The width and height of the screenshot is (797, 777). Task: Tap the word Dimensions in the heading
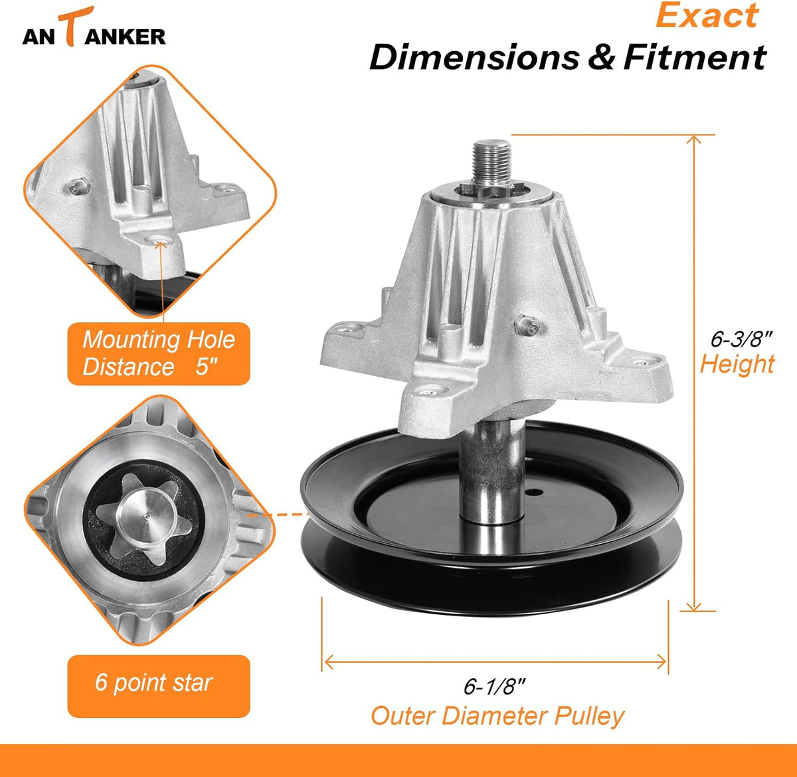[474, 57]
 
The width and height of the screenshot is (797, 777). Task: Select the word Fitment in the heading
[695, 57]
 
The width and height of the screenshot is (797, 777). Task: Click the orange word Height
[737, 364]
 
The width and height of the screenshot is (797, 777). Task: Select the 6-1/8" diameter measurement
[494, 686]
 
